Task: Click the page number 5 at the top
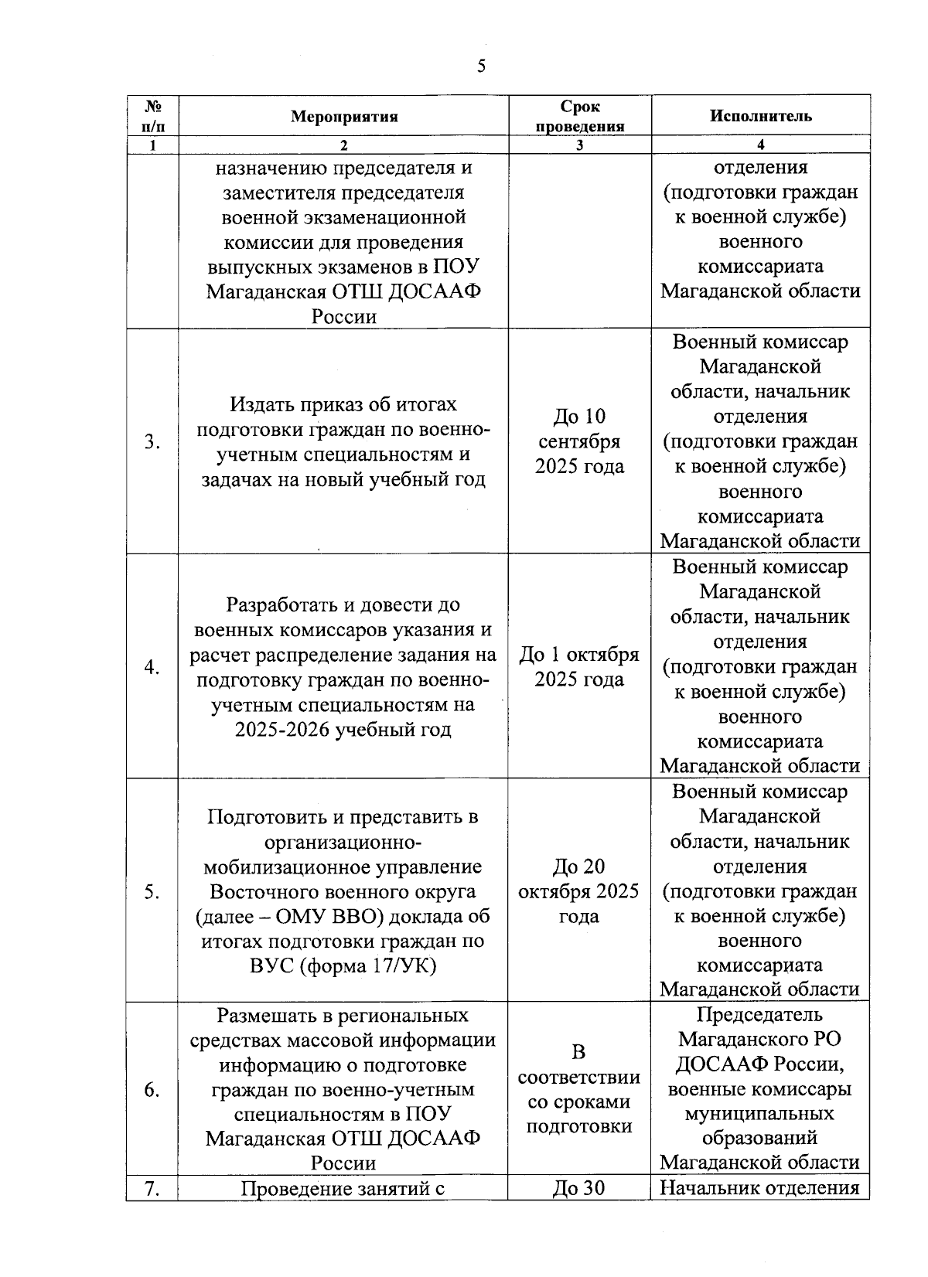point(481,66)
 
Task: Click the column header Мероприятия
point(343,117)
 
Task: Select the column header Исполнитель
point(760,116)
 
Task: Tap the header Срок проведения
point(579,117)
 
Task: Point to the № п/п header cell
point(152,116)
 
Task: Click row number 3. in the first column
point(152,442)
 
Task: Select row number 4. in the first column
point(152,667)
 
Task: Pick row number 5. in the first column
point(152,892)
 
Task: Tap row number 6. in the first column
point(152,1090)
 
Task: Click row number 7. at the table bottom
point(152,1188)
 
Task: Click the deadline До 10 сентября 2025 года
point(579,441)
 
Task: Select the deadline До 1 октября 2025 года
point(579,667)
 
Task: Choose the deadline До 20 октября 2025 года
point(579,891)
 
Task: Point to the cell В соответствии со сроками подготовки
point(579,1089)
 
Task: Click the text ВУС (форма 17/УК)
point(343,965)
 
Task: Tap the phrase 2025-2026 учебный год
point(343,730)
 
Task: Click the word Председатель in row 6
point(759,1015)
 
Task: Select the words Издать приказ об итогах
point(343,404)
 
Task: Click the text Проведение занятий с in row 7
point(343,1188)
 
